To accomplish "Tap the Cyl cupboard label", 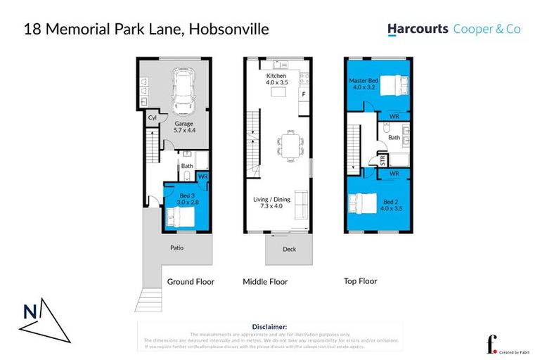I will click(152, 119).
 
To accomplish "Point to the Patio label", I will click(176, 247).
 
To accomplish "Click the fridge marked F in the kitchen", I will click(303, 94).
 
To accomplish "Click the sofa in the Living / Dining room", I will click(301, 205).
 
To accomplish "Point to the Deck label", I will click(288, 248).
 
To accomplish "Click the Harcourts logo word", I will click(418, 30).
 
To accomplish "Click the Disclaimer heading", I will click(269, 327).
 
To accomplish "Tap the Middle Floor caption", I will click(265, 281).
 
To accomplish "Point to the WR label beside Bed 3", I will click(202, 177).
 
